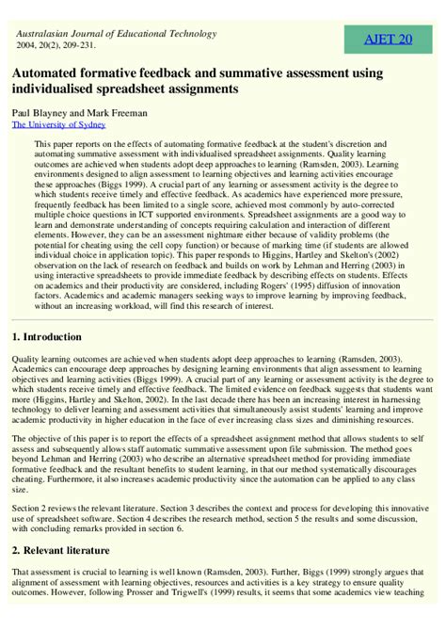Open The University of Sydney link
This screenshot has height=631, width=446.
tap(58, 123)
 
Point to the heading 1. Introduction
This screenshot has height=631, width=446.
tap(60, 336)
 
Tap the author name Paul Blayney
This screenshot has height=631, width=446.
tap(40, 110)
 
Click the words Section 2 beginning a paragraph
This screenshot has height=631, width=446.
tap(30, 510)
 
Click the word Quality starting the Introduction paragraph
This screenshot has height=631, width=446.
tap(28, 359)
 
